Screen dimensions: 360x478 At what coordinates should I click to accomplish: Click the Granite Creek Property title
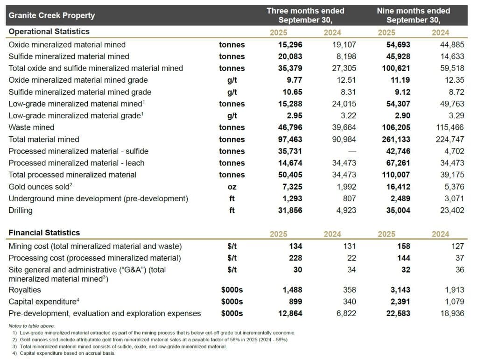[x=51, y=15]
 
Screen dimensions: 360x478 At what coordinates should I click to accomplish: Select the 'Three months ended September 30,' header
[x=305, y=15]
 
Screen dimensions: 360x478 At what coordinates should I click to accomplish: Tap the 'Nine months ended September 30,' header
[x=413, y=15]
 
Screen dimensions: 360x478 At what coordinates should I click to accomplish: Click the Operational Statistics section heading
[x=49, y=32]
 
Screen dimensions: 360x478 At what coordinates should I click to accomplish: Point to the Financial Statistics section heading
[x=44, y=233]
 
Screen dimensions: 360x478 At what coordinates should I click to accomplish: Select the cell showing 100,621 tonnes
[x=397, y=68]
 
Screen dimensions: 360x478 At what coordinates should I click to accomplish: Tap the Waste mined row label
[x=31, y=127]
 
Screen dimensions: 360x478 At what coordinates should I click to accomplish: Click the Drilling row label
[x=21, y=211]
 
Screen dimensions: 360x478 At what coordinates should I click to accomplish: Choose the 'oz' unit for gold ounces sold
[x=232, y=187]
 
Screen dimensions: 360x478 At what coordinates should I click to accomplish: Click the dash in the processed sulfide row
[x=352, y=151]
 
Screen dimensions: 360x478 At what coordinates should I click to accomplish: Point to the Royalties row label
[x=24, y=290]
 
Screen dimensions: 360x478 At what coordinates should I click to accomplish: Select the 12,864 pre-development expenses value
[x=289, y=314]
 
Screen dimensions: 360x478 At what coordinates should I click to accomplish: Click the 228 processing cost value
[x=295, y=258]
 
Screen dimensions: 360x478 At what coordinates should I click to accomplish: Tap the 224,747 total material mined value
[x=450, y=139]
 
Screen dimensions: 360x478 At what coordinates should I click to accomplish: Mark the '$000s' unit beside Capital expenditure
[x=232, y=302]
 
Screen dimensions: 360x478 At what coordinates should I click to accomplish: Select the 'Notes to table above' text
[x=32, y=325]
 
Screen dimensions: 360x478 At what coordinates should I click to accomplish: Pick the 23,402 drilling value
[x=452, y=211]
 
